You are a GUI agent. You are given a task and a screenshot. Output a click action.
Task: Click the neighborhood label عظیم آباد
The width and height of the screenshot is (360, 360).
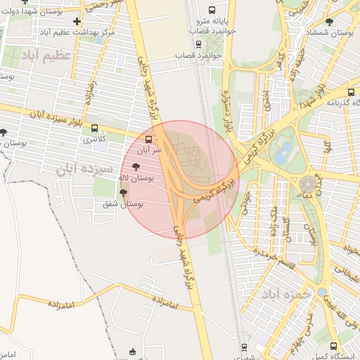(x=46, y=55)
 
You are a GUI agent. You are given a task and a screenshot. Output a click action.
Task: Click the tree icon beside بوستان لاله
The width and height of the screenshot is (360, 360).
(x=136, y=167)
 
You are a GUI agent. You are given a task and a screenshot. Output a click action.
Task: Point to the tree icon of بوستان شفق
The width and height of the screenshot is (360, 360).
(x=123, y=192)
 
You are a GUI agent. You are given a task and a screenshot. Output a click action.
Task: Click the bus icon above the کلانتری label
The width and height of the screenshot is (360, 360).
(x=96, y=128)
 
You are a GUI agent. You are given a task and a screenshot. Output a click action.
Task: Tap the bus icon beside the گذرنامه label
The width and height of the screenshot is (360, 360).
(x=351, y=91)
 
